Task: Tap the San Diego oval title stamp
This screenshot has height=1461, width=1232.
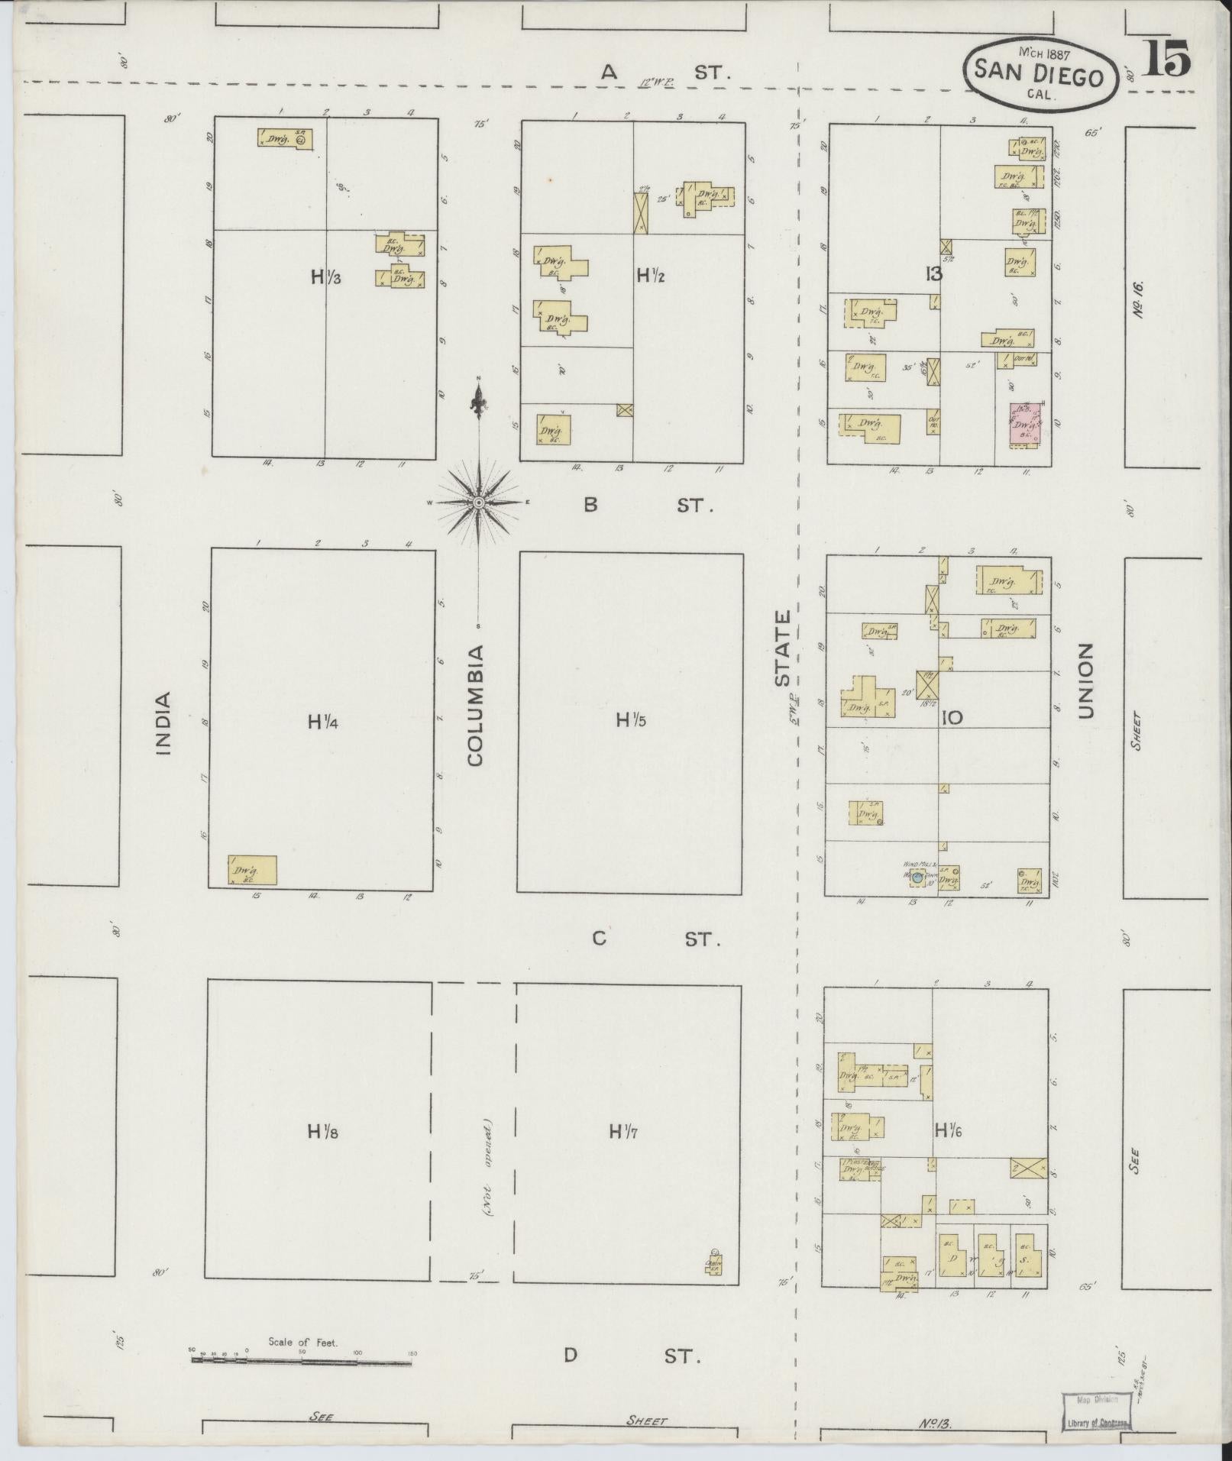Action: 1038,74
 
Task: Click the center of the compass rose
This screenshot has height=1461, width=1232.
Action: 479,503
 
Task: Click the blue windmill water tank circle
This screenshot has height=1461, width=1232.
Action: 917,878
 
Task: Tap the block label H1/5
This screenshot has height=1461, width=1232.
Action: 631,719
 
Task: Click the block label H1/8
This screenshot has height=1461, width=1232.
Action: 322,1131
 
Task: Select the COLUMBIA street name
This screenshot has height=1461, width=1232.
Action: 476,706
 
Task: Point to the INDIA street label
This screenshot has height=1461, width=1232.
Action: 163,722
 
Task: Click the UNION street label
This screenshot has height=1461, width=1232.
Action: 1085,680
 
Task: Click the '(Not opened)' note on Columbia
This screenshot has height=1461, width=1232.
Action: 487,1167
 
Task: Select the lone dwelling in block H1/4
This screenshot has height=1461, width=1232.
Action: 252,870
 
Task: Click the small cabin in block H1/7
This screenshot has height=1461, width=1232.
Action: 713,1265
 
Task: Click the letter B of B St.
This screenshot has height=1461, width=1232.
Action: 590,505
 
